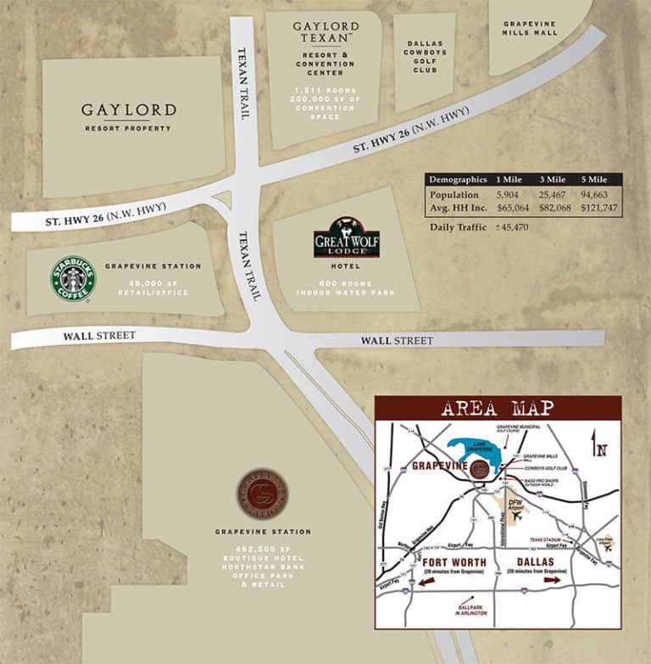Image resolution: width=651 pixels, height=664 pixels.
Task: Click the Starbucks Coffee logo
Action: (73, 279)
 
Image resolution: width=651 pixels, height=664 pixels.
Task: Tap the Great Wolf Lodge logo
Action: (347, 238)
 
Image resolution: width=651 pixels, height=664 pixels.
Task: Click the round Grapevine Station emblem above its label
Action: (261, 494)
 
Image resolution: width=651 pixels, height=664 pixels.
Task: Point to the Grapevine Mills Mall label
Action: (531, 28)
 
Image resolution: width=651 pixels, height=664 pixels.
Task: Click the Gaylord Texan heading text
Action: (325, 32)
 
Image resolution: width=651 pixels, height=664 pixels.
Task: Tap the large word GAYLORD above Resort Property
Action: (129, 110)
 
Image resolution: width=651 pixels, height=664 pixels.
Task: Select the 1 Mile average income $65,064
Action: (513, 207)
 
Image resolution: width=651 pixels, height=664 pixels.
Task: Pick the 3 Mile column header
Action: (552, 180)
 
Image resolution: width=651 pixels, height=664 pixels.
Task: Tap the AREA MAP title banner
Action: (498, 408)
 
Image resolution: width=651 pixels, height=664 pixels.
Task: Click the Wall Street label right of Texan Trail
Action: (397, 341)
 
